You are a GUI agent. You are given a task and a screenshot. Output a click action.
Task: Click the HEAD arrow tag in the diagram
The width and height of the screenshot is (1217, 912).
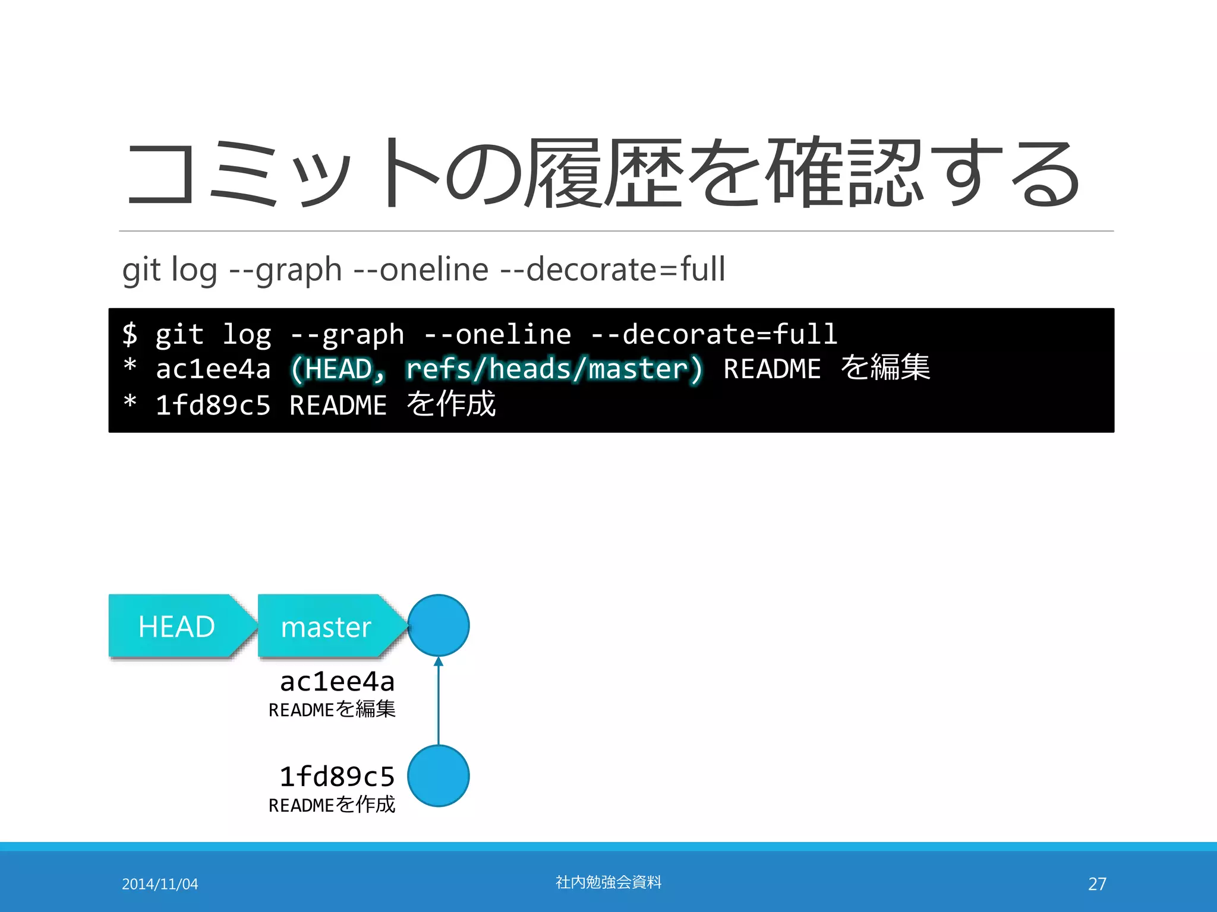(176, 626)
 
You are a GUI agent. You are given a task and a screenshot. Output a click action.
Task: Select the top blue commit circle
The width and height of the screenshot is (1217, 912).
(439, 625)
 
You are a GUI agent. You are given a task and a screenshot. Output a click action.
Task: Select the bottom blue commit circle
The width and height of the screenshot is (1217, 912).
(439, 776)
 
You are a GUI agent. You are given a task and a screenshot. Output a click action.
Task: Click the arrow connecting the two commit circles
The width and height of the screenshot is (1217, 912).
(439, 701)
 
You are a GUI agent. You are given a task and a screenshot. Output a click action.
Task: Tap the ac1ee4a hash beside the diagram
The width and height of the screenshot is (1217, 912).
(337, 682)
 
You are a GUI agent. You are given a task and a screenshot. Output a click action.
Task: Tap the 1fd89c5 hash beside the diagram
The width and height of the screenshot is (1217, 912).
(337, 777)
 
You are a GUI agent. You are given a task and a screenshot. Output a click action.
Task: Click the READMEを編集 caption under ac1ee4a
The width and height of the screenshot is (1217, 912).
(332, 710)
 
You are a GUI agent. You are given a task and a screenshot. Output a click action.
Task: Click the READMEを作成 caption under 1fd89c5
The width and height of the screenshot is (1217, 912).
(332, 805)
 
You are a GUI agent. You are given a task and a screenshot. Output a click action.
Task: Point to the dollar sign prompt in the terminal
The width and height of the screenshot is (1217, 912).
(130, 334)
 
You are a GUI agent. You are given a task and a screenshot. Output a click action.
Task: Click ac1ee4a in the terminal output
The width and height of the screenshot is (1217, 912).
(213, 369)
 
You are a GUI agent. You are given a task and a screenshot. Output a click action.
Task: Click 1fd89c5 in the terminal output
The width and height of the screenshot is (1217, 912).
(213, 406)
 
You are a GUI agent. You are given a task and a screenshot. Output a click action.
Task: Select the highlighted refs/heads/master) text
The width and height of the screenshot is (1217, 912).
(554, 369)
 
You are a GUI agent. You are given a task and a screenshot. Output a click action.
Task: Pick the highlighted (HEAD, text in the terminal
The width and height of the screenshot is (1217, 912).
(338, 369)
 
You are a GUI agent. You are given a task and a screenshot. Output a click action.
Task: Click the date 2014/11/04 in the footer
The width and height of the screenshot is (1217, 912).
(160, 884)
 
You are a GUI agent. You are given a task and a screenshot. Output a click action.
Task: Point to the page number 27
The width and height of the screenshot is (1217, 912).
(1097, 884)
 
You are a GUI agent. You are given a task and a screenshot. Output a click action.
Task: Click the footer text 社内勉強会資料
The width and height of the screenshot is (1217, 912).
(608, 882)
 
